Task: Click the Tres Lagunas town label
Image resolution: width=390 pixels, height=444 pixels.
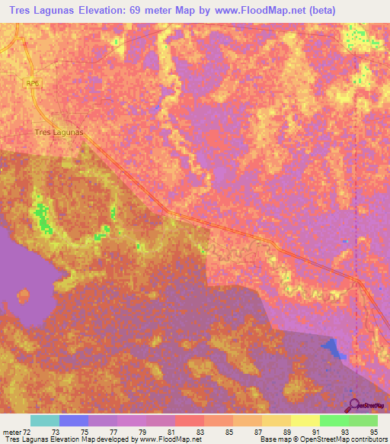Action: tap(59, 132)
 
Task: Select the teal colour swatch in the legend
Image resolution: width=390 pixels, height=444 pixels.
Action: tap(45, 420)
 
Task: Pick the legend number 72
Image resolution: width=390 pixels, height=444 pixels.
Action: tap(27, 431)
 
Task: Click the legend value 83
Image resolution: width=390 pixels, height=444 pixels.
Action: tap(200, 431)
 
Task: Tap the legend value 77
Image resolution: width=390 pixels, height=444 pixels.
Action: tap(113, 431)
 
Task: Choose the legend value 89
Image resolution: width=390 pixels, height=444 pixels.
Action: tap(286, 431)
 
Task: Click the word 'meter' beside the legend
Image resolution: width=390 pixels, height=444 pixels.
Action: tap(11, 431)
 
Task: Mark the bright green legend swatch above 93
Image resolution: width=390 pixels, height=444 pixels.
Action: tap(334, 420)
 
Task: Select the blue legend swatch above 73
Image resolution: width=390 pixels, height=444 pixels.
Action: tap(74, 420)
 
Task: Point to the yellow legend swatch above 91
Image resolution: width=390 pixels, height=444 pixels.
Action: tap(305, 420)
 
